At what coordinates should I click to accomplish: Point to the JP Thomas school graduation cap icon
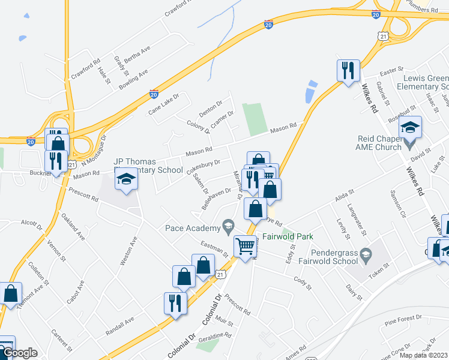point(126,179)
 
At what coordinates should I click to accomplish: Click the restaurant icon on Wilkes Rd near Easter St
point(348,71)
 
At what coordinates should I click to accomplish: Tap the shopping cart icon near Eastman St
point(245,245)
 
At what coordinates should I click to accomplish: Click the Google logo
point(20,353)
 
